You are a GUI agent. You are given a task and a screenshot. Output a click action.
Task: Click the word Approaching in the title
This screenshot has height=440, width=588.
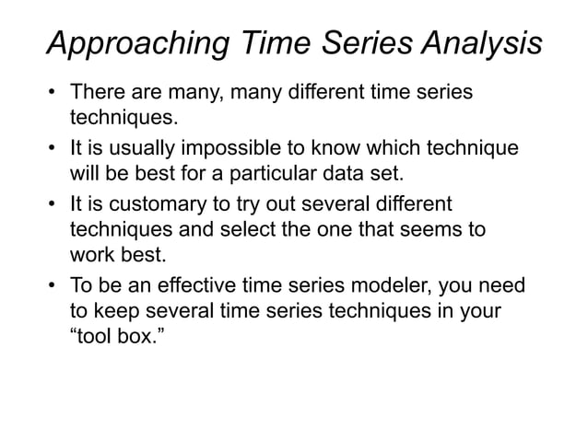click(x=139, y=44)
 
